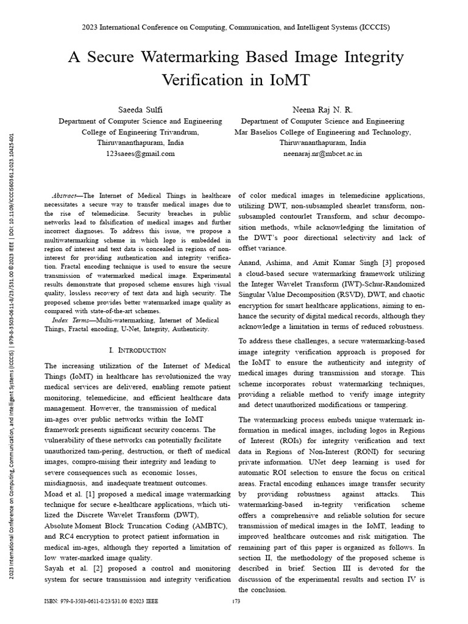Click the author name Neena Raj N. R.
[x=322, y=109]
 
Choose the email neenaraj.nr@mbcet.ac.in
[x=322, y=154]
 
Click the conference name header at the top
[x=235, y=27]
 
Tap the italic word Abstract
[x=66, y=195]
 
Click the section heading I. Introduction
[x=137, y=350]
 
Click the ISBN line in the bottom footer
[x=101, y=601]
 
